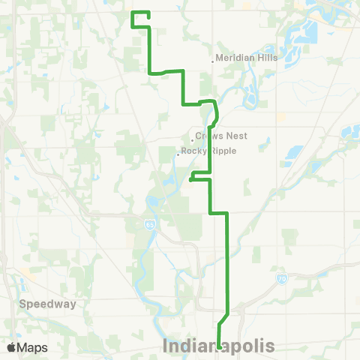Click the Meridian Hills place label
[247, 58]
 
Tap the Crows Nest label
[221, 136]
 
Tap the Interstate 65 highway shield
[151, 223]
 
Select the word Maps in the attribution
[32, 347]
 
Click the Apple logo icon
[13, 347]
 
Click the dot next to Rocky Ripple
[178, 154]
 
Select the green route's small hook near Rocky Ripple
[193, 177]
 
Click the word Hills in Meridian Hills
[266, 58]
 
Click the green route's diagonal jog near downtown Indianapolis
[223, 318]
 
